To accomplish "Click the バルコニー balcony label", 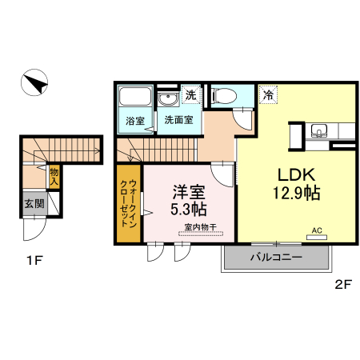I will point(274,258).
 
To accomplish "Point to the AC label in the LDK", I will point(316,230).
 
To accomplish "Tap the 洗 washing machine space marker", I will point(190,94).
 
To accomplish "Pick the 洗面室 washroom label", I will point(178,121).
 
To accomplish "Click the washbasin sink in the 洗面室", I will point(168,100).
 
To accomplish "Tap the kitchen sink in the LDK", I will point(318,131).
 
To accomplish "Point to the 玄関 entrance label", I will point(34,203).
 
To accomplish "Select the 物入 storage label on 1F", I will point(54,176).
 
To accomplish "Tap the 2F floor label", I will point(343,283).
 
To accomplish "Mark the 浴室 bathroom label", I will point(134,121).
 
